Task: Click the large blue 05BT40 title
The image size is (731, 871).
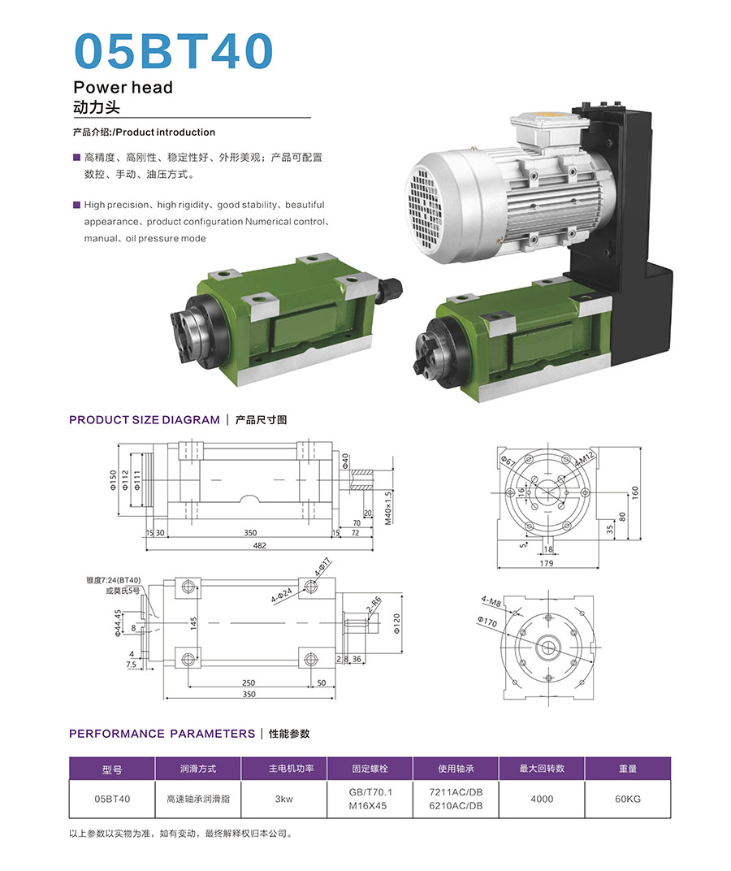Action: (173, 50)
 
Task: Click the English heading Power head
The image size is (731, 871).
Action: (123, 87)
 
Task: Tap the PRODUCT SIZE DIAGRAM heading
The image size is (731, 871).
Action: (145, 420)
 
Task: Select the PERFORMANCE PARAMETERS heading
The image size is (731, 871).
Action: (162, 734)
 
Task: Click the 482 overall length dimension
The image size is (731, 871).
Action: (259, 545)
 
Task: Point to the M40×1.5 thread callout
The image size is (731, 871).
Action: (387, 508)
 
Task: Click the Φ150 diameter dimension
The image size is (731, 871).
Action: (113, 480)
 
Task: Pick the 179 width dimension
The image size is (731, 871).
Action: (547, 563)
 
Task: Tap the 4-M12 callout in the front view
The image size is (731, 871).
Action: (584, 460)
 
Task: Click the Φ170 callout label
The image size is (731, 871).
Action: (487, 622)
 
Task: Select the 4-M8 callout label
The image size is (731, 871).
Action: (491, 602)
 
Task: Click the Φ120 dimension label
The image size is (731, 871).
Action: (396, 624)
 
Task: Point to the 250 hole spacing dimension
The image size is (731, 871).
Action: (249, 682)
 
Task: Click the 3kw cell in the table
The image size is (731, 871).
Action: (283, 799)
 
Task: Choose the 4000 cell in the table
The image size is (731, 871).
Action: (542, 799)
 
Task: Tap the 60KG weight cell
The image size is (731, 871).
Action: (628, 799)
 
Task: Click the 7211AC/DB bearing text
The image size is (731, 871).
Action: (456, 792)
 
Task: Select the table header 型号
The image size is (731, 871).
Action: (111, 769)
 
